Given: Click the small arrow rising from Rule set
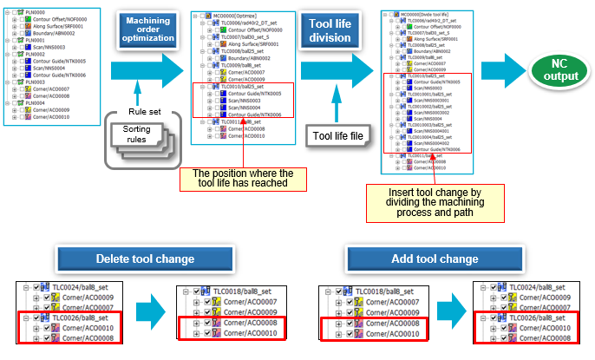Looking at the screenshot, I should coord(134,90).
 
